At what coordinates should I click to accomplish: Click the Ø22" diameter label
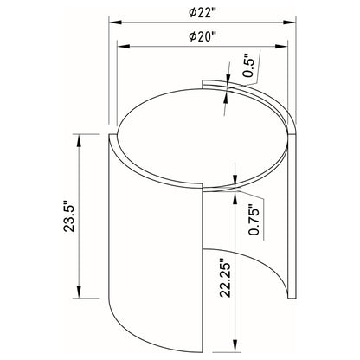(202, 13)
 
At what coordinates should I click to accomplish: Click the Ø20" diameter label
(202, 37)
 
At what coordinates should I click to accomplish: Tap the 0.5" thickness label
(249, 66)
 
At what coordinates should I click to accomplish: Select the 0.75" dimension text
(254, 220)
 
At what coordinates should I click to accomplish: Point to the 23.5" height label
(69, 215)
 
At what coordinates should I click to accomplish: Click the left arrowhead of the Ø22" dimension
(115, 22)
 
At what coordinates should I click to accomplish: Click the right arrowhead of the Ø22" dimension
(290, 22)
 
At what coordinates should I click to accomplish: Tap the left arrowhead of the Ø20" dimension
(123, 47)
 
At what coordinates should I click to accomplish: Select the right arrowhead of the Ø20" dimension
(281, 47)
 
